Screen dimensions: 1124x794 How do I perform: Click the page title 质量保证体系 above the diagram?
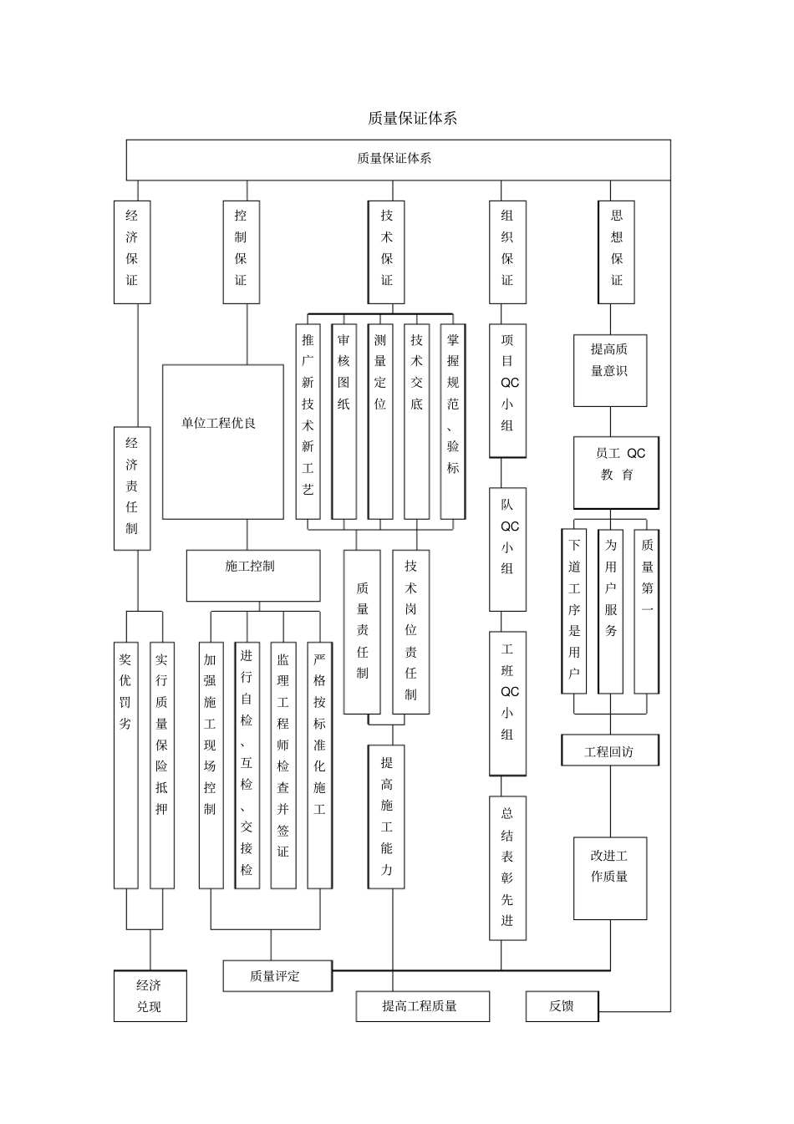(412, 119)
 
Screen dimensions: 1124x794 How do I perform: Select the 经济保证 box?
(132, 252)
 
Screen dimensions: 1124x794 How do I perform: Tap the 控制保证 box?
(241, 252)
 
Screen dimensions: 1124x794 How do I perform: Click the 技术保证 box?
(386, 252)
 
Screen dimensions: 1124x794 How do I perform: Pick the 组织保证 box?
(507, 252)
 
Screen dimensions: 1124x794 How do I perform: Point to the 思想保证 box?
(617, 252)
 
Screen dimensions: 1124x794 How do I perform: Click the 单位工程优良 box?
(222, 441)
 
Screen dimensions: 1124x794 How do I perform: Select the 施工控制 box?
(252, 575)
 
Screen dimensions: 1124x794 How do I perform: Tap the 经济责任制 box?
(132, 488)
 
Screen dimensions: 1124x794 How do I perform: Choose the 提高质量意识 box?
(609, 370)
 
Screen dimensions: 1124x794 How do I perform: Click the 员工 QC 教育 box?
(616, 472)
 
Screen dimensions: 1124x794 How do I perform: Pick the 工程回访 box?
(609, 750)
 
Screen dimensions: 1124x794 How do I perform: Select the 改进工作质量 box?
(609, 877)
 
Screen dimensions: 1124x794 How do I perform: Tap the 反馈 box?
(562, 1006)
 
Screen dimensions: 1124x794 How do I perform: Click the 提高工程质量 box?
(422, 1006)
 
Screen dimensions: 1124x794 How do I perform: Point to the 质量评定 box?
(277, 975)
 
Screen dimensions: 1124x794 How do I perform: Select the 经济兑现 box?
(150, 995)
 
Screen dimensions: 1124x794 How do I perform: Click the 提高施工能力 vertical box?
(386, 816)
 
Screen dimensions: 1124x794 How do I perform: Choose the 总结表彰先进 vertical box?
(507, 867)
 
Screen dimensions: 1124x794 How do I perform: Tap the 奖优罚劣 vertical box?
(125, 765)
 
